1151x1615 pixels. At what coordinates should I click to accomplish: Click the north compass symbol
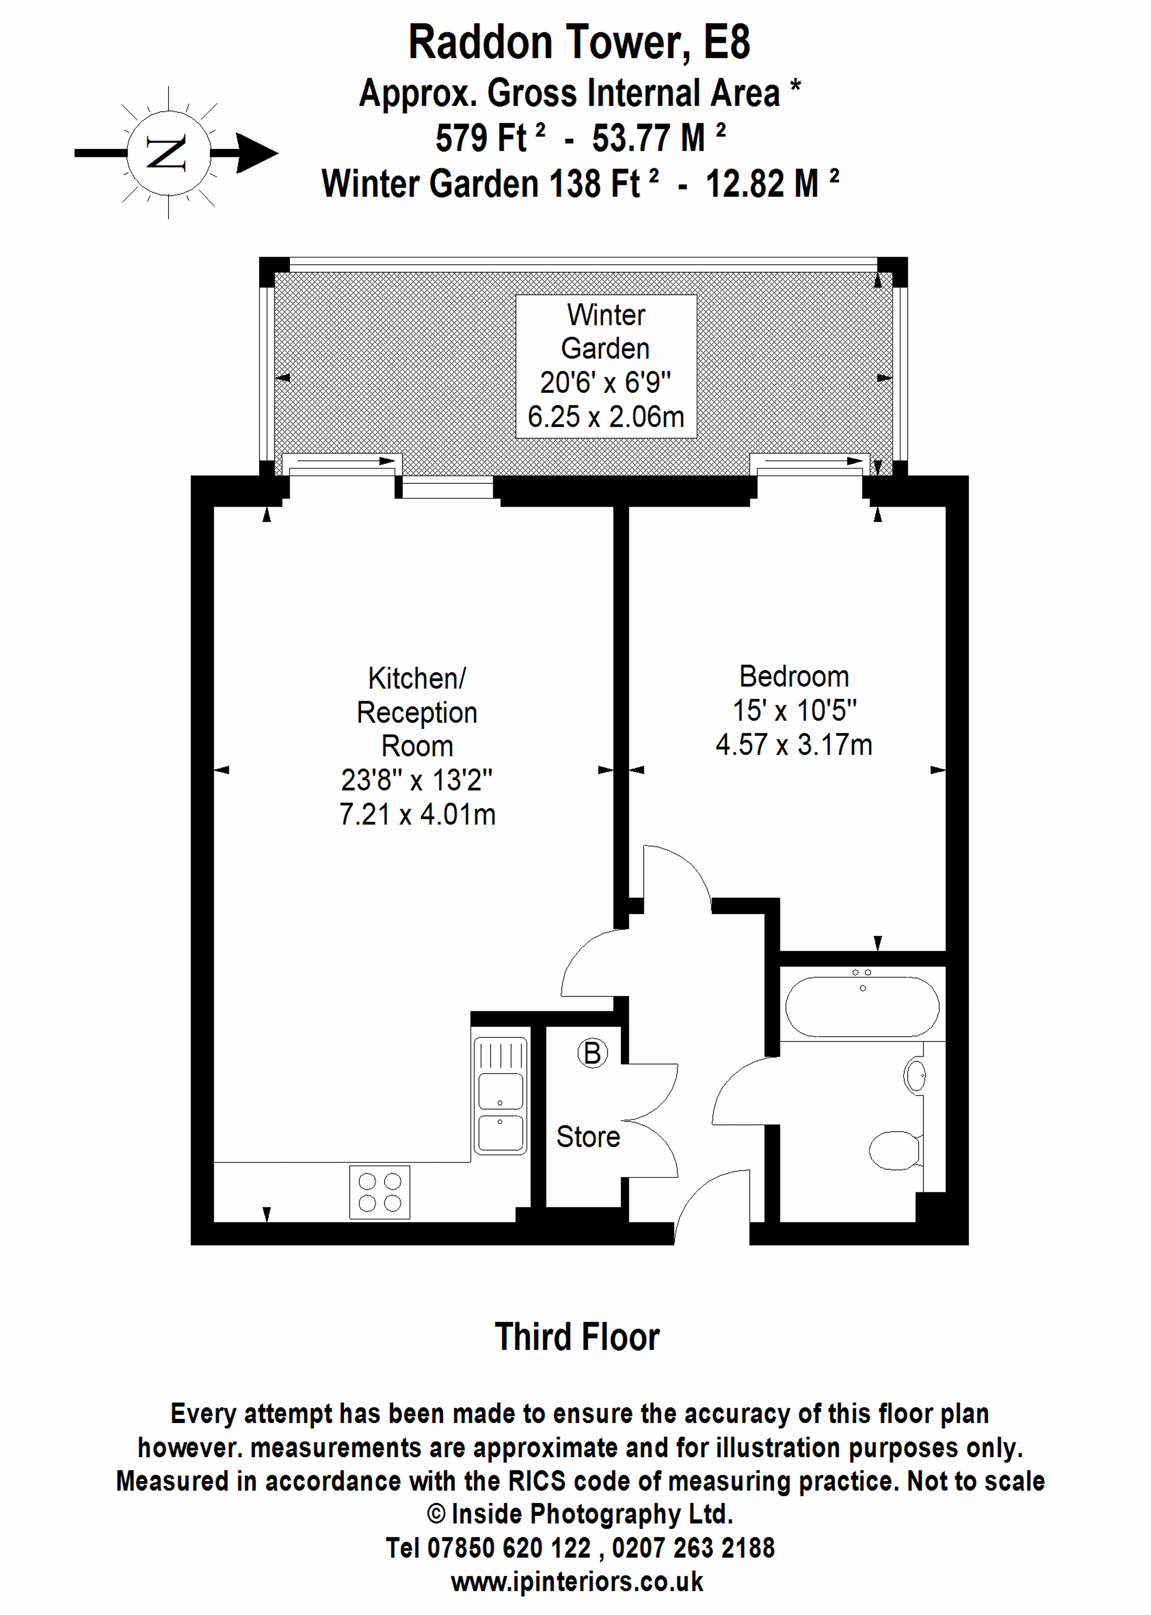(x=169, y=152)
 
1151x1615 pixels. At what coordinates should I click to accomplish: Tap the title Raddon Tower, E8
(x=579, y=42)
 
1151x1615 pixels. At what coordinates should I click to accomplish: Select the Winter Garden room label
(x=606, y=331)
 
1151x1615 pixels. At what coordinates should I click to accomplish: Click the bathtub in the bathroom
(x=862, y=1007)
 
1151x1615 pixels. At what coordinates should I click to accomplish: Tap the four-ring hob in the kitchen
(x=380, y=1192)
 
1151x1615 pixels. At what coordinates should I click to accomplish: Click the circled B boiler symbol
(x=593, y=1053)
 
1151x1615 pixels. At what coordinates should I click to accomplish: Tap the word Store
(x=588, y=1137)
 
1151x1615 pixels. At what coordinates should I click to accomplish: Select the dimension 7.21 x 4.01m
(x=418, y=814)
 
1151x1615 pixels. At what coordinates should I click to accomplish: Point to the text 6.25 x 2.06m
(x=606, y=416)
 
